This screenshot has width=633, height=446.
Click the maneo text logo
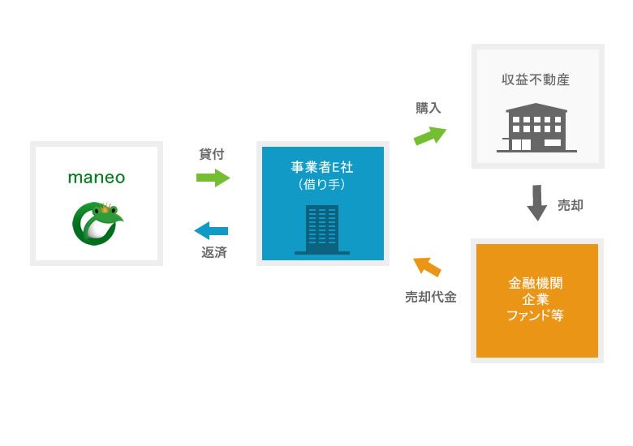point(96,178)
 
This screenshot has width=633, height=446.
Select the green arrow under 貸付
point(213,178)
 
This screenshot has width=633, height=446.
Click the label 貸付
point(212,153)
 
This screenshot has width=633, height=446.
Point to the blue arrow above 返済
point(212,230)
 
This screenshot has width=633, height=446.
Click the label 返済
point(214,252)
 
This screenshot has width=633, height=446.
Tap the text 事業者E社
point(322,168)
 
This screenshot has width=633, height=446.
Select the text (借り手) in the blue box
point(322,185)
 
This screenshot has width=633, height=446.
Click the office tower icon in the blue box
point(322,229)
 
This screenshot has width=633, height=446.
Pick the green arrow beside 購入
point(430,135)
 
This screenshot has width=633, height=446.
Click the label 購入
point(428,108)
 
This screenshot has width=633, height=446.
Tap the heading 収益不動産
point(536,79)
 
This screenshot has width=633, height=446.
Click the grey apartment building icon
point(536,128)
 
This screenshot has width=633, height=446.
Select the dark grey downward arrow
point(536,203)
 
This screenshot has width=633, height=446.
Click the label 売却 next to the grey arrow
point(571,205)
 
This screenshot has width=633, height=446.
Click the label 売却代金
point(430,297)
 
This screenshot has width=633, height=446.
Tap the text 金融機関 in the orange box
point(536,283)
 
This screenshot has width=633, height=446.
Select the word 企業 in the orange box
point(536,299)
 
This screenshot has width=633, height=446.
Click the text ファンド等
point(536,315)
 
